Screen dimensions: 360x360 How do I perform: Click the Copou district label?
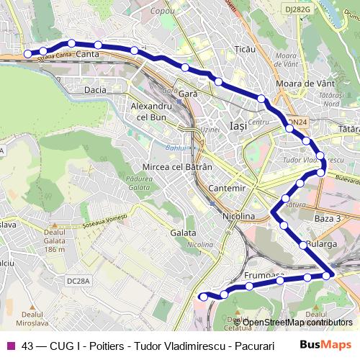(163, 12)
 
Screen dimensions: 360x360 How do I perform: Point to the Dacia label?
(95, 90)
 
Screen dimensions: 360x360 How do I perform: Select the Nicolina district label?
(238, 216)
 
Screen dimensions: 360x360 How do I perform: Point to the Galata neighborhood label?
(184, 233)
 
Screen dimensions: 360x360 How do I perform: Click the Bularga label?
(321, 244)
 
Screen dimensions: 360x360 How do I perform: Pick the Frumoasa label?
(264, 276)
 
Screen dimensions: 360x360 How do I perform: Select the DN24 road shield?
(297, 122)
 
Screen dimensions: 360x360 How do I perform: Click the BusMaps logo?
(326, 345)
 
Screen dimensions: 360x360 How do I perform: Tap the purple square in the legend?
(11, 346)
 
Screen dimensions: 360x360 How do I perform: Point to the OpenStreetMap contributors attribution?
(297, 323)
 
